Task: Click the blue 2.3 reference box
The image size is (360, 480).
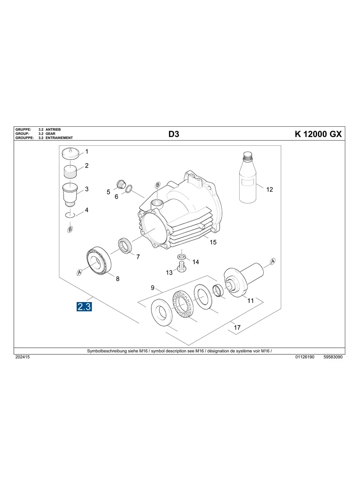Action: (x=84, y=306)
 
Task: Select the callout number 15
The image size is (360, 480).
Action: (x=213, y=242)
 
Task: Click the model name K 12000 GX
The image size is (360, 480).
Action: (x=318, y=134)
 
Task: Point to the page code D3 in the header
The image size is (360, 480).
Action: (x=174, y=134)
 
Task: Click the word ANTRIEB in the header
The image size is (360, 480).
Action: (x=53, y=130)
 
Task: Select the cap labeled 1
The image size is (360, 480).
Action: (x=72, y=153)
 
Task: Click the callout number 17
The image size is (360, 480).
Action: (x=237, y=328)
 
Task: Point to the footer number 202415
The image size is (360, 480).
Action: (x=22, y=357)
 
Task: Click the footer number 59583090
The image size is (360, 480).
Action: (x=333, y=357)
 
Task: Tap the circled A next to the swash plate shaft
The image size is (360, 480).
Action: (x=273, y=261)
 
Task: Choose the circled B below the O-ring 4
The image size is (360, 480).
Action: (x=70, y=229)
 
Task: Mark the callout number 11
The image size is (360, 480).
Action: (x=250, y=301)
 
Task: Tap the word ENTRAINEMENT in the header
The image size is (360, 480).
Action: (x=59, y=138)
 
